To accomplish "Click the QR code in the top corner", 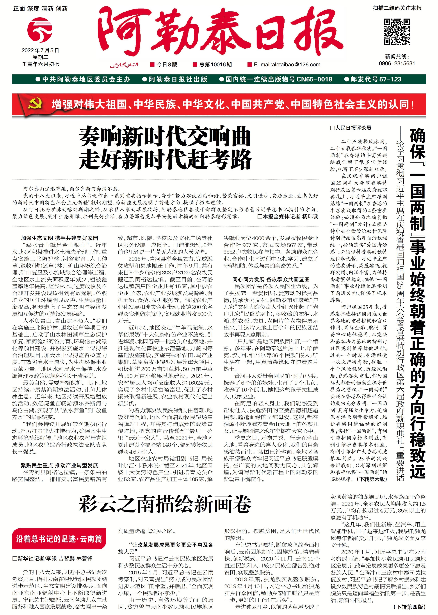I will (x=397, y=32).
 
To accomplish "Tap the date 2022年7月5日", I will (x=40, y=50).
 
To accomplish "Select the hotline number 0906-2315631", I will (x=397, y=63).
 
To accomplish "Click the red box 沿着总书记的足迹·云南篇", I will (x=59, y=539).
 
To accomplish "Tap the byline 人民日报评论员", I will (x=351, y=128).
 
